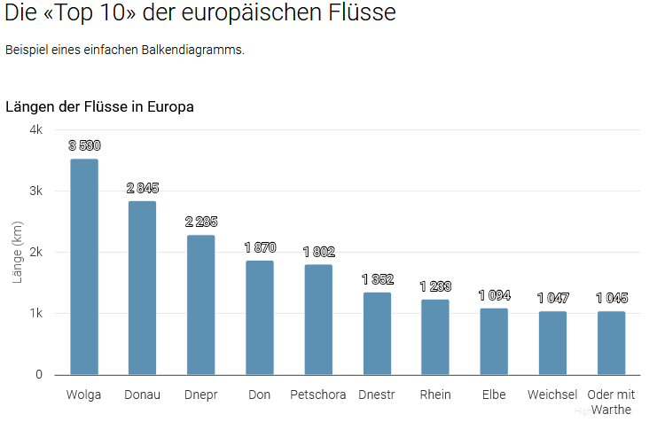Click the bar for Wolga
click(84, 266)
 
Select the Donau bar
click(142, 287)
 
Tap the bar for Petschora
click(318, 319)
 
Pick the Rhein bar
click(435, 337)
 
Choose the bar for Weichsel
click(552, 342)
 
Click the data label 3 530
click(84, 145)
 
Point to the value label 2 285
click(201, 222)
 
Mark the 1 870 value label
click(260, 247)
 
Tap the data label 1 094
click(494, 295)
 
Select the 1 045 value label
click(611, 298)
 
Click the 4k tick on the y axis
click(36, 129)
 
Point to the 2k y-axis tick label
click(36, 252)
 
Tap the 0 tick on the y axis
click(39, 374)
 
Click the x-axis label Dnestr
click(377, 395)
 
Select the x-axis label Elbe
click(494, 395)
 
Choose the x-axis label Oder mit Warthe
click(611, 402)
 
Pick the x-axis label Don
click(260, 395)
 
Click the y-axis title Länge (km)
click(17, 252)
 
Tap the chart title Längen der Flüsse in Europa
click(99, 107)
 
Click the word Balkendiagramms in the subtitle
click(191, 50)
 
